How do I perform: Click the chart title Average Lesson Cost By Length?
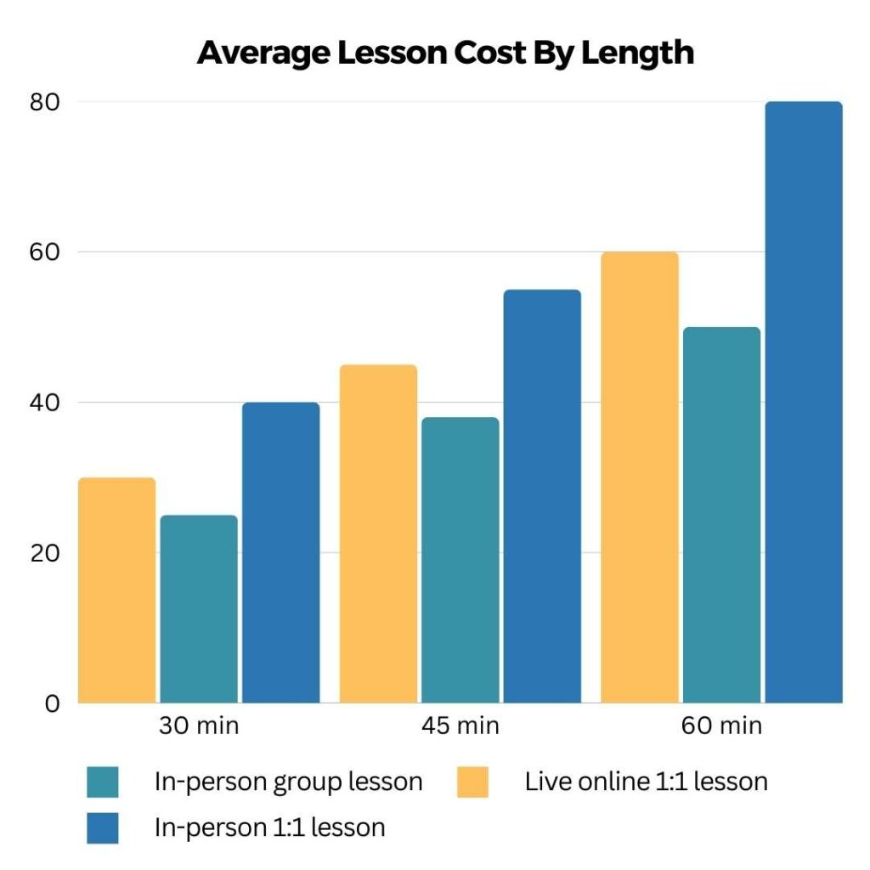(445, 53)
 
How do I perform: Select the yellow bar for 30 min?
(117, 590)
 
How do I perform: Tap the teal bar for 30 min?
(199, 609)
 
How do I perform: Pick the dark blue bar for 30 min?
(280, 552)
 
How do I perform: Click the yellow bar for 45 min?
(378, 534)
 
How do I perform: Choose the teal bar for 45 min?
(460, 560)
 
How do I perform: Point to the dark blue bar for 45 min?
(542, 496)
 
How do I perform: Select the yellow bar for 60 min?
(640, 477)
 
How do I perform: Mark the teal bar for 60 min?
(721, 515)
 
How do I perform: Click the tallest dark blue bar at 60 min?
(803, 403)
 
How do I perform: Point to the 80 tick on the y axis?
(47, 102)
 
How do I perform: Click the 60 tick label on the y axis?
(47, 252)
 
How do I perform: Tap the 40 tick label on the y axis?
(47, 403)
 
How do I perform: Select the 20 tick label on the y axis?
(47, 553)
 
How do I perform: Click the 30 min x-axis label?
(199, 726)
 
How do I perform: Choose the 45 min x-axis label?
(460, 726)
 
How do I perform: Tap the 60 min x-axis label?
(721, 726)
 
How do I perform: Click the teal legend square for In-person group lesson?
(103, 782)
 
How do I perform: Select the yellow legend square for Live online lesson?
(472, 782)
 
